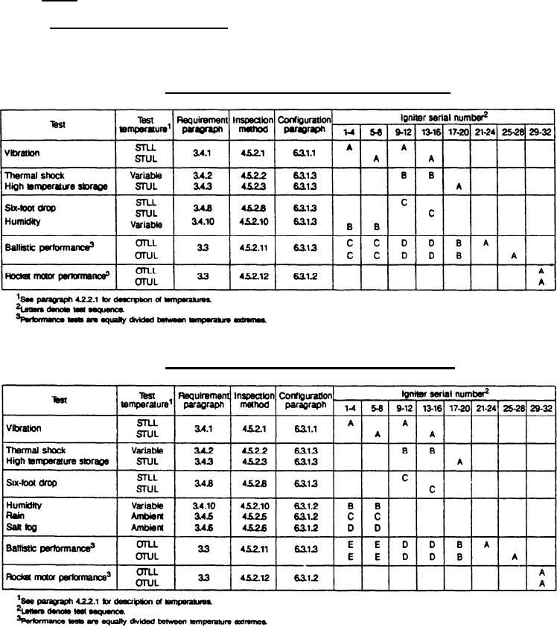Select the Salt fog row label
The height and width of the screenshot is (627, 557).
[22, 526]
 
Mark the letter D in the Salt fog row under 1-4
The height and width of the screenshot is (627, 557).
[348, 526]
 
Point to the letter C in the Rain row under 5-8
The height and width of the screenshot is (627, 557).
[377, 515]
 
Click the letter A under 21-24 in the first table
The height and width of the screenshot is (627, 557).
[484, 243]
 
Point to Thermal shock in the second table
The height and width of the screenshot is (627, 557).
[36, 450]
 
